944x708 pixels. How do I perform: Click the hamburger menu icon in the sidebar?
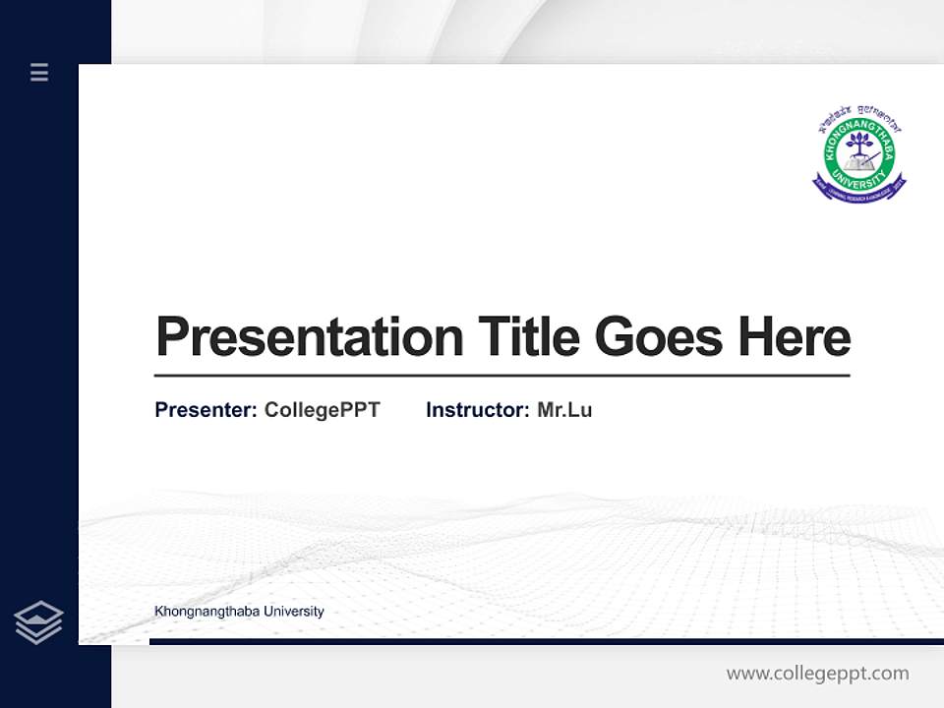click(x=39, y=72)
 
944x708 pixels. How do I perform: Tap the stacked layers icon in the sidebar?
click(x=38, y=622)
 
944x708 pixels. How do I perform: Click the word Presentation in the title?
click(x=309, y=337)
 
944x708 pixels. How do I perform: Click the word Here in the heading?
click(x=795, y=336)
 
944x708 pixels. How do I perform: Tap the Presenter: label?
click(x=206, y=410)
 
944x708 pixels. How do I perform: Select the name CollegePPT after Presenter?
click(x=322, y=410)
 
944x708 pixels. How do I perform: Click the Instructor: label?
click(x=477, y=410)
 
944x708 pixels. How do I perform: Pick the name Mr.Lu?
click(x=564, y=410)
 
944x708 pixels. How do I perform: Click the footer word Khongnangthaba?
click(x=205, y=612)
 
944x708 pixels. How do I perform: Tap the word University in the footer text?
click(x=292, y=612)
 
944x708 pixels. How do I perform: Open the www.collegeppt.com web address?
click(x=817, y=674)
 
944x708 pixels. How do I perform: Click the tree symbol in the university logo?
click(x=859, y=145)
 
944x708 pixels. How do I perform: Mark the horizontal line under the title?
click(x=501, y=376)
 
